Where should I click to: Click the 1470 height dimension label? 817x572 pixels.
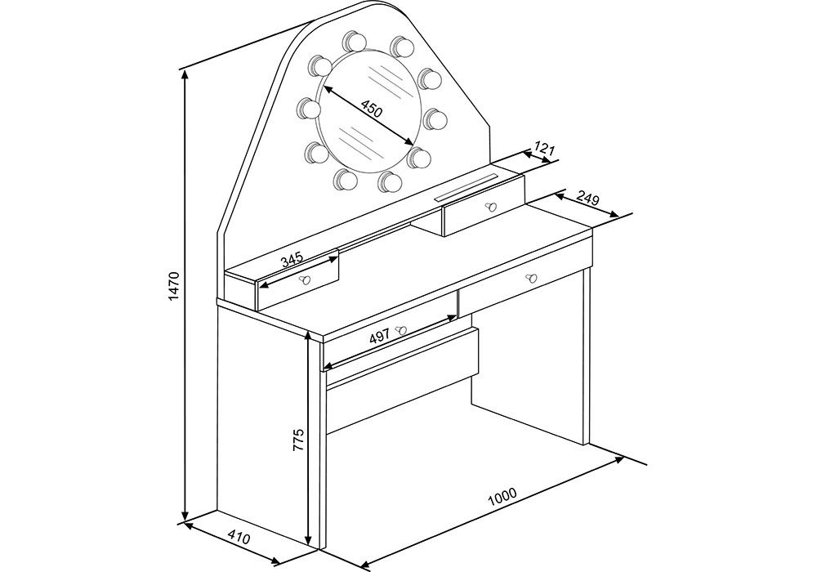(x=174, y=285)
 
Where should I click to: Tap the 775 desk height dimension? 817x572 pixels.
(x=297, y=440)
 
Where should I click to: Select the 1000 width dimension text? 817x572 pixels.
(x=502, y=497)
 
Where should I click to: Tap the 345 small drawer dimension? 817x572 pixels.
(x=292, y=259)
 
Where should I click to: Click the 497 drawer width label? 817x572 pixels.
(x=379, y=337)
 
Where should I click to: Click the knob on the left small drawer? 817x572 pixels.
(x=303, y=279)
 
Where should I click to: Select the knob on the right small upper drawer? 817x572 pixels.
(x=491, y=207)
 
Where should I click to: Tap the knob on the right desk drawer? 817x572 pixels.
(x=531, y=277)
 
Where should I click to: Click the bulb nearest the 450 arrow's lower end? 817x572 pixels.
(x=419, y=157)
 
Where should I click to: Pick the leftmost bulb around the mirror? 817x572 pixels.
(x=310, y=109)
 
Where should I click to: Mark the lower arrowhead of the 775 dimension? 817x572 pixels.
(x=310, y=543)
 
